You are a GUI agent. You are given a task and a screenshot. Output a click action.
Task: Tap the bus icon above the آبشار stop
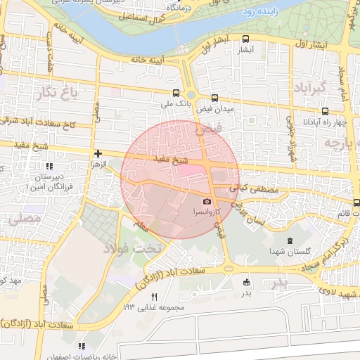(245, 39)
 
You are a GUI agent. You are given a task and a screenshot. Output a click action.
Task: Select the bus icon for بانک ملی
(176, 93)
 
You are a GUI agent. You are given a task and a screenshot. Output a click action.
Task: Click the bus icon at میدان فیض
(214, 98)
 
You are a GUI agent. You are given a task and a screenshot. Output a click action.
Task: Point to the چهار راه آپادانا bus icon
(325, 110)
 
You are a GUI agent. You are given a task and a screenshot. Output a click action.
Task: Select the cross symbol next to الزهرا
(98, 153)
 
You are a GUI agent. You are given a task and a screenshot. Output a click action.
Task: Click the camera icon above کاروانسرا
(207, 202)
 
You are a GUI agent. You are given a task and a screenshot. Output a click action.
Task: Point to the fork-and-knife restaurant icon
(154, 296)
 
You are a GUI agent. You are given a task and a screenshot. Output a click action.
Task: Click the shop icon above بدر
(246, 283)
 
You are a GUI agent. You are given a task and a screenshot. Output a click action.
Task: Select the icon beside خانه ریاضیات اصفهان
(82, 346)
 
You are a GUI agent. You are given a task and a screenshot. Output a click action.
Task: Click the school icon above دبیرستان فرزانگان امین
(49, 167)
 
